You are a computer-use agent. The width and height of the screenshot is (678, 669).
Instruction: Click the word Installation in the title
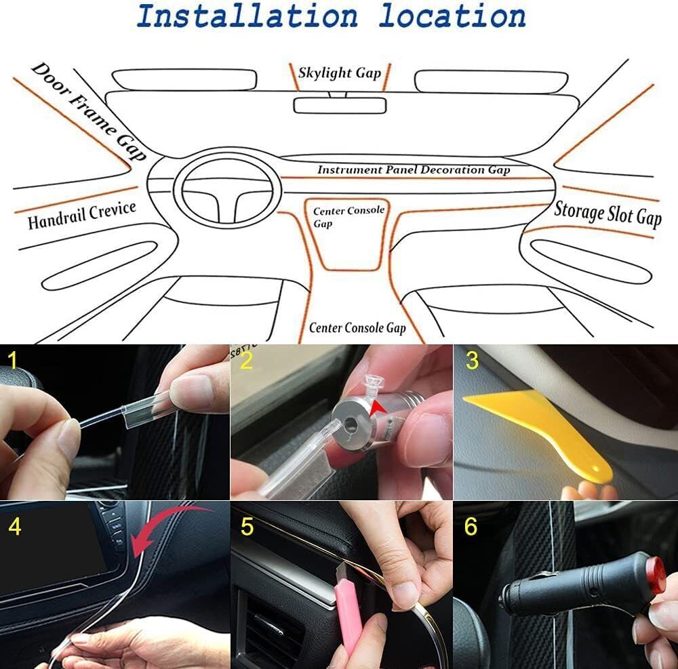coord(246,16)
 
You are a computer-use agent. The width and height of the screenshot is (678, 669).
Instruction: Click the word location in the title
coord(452,16)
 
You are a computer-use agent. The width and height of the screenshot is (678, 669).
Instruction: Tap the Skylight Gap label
coord(340,73)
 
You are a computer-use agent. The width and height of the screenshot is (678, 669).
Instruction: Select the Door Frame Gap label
coord(89,111)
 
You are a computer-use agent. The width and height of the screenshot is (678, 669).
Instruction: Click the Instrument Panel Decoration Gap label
coord(414,170)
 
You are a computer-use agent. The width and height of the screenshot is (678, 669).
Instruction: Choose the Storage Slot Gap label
coord(607,214)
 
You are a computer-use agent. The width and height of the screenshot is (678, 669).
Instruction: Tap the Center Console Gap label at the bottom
coord(357,328)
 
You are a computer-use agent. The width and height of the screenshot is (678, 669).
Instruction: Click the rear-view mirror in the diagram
coord(340,105)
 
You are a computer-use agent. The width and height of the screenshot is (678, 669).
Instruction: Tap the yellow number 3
coord(471,360)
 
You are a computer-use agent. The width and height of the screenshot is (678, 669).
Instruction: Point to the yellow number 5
coord(246,527)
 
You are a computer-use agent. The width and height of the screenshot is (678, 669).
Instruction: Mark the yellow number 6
coord(471,527)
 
